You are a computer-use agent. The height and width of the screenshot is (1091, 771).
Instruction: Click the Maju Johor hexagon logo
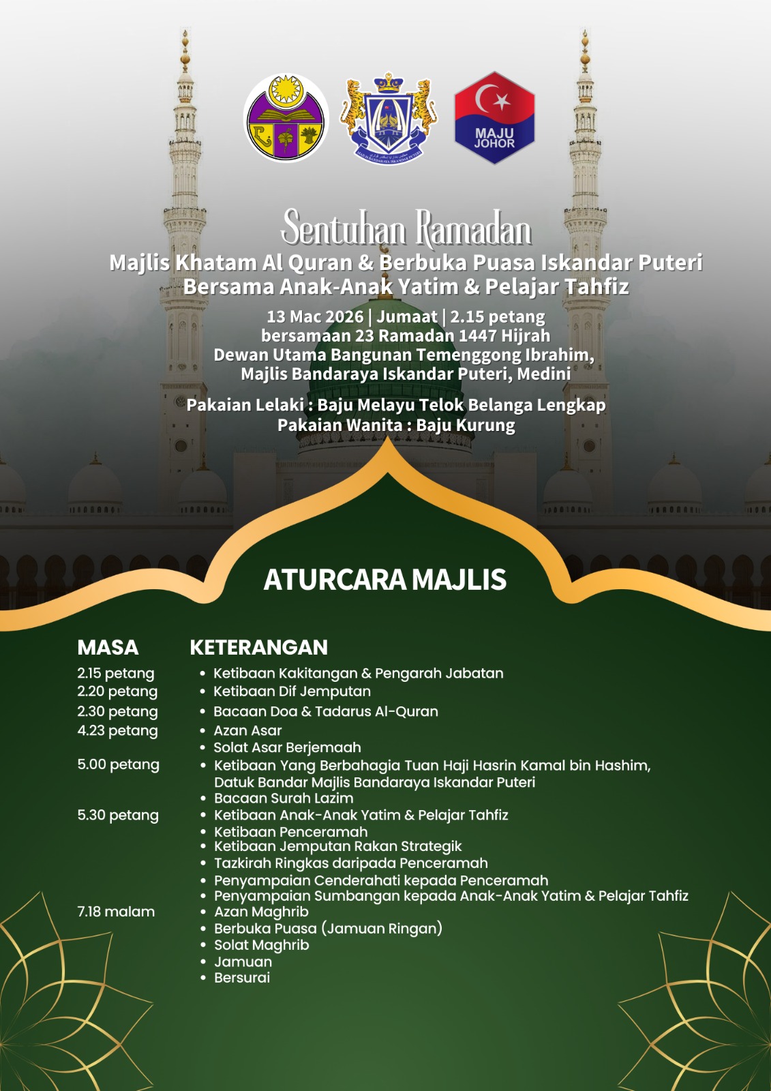click(494, 118)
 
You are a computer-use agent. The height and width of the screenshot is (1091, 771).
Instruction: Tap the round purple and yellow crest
click(286, 118)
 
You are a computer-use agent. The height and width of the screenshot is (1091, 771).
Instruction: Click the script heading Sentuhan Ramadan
click(406, 229)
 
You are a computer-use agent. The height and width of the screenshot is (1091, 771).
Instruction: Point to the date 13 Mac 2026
click(315, 317)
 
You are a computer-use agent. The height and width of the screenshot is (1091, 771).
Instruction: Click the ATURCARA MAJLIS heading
click(385, 580)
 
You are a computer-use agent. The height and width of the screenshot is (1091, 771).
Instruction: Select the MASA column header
click(108, 647)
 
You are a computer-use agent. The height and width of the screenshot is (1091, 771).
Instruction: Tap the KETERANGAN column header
click(258, 647)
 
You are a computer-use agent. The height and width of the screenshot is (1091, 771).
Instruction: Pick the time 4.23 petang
click(117, 731)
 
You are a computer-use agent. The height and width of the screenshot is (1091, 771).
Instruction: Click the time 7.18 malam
click(116, 912)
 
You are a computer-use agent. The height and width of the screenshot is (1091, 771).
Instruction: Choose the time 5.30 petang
click(118, 816)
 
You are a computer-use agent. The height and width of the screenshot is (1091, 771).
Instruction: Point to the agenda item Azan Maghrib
click(261, 912)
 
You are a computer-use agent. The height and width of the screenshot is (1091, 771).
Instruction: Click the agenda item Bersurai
click(242, 978)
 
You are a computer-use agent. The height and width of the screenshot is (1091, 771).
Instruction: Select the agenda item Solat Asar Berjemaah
click(287, 748)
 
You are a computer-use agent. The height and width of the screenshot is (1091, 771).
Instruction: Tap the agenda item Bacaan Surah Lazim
click(284, 798)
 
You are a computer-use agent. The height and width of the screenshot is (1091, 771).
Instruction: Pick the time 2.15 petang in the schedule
click(116, 674)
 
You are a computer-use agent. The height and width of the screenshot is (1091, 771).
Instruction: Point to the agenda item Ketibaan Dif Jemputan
click(292, 691)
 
